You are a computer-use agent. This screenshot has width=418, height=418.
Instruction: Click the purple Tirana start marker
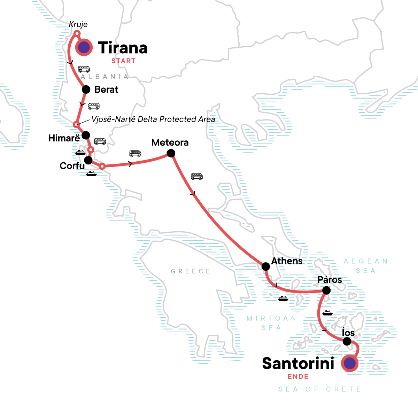84,48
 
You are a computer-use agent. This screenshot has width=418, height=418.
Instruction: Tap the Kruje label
78,24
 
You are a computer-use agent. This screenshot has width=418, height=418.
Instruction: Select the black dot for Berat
86,90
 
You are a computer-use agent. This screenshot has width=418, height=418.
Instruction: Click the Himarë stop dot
85,135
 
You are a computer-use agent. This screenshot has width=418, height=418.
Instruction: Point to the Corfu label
72,166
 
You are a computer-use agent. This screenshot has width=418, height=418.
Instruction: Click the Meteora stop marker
171,153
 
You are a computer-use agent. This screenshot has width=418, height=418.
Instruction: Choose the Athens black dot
265,266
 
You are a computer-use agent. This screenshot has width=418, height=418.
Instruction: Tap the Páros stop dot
326,290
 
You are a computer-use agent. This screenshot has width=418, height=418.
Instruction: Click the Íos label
348,333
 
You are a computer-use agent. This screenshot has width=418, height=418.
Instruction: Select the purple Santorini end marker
350,364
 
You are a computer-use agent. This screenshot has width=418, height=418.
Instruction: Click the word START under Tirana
123,61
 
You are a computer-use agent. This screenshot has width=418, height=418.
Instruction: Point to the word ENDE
298,377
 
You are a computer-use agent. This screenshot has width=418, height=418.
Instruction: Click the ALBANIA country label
104,77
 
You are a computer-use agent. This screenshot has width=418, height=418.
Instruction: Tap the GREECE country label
191,271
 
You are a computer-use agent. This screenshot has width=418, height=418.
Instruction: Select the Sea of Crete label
319,389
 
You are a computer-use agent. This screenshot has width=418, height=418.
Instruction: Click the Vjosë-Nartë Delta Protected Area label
153,119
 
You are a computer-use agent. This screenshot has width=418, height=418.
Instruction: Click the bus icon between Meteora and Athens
197,177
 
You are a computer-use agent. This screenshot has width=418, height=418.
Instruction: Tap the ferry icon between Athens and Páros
283,299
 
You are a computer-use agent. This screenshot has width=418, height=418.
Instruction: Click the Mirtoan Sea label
271,323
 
